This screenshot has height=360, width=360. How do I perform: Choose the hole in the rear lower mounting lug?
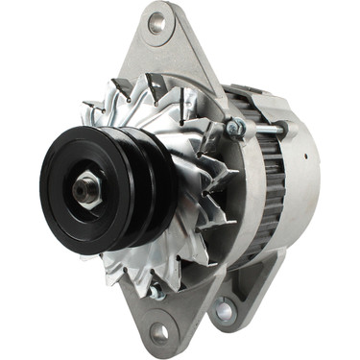click(224, 309)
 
